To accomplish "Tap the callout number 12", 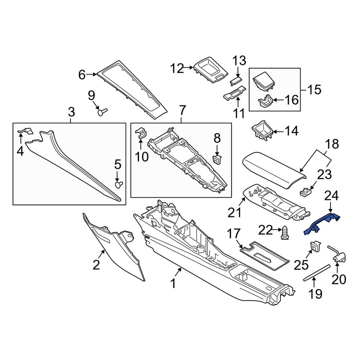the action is (x=177, y=68).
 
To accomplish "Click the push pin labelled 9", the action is (x=102, y=112).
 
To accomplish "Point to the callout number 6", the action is (x=82, y=75).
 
